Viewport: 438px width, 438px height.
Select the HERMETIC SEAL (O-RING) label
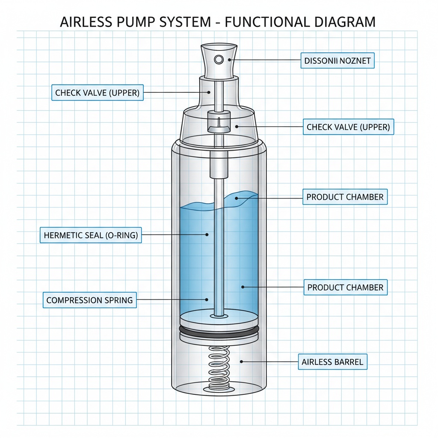pyautogui.click(x=91, y=235)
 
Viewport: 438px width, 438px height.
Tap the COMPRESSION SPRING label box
pyautogui.click(x=89, y=300)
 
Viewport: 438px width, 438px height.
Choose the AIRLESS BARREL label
pyautogui.click(x=332, y=362)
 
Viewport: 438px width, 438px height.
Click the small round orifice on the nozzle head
pyautogui.click(x=219, y=59)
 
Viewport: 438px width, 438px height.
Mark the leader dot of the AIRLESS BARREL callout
pyautogui.click(x=242, y=362)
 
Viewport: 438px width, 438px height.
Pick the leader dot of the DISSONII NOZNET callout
pyautogui.click(x=234, y=61)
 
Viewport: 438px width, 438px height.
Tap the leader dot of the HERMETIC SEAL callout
pyautogui.click(x=207, y=234)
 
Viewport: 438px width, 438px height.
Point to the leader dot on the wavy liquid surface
pyautogui.click(x=236, y=198)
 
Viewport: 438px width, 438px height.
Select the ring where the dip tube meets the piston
pyautogui.click(x=219, y=316)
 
